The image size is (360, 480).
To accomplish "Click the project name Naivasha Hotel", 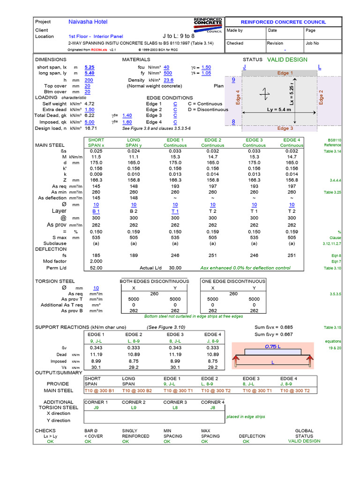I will point(88,22).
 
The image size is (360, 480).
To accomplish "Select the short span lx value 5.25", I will point(90,67).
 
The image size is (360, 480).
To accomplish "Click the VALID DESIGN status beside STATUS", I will point(287,60).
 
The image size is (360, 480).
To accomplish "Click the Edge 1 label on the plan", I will point(285,73).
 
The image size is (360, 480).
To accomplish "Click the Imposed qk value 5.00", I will point(90,122).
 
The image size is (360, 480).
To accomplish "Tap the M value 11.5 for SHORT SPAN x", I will point(96,157).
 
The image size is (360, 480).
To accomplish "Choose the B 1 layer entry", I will point(96,211).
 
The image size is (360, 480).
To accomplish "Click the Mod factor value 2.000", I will point(96,261).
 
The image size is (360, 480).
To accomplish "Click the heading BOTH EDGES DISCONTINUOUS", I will point(154,281).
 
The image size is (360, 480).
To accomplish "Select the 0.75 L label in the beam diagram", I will point(272,347).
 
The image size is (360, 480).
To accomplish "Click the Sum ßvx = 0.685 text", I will point(274,327).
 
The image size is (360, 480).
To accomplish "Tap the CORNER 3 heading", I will point(175,402).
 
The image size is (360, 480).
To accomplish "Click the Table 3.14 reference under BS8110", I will point(332,151).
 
